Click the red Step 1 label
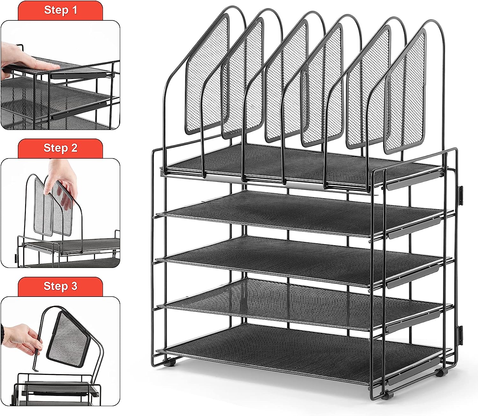tap(60, 11)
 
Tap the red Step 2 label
tap(60, 148)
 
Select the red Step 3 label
tap(60, 286)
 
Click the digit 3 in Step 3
tap(74, 286)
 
